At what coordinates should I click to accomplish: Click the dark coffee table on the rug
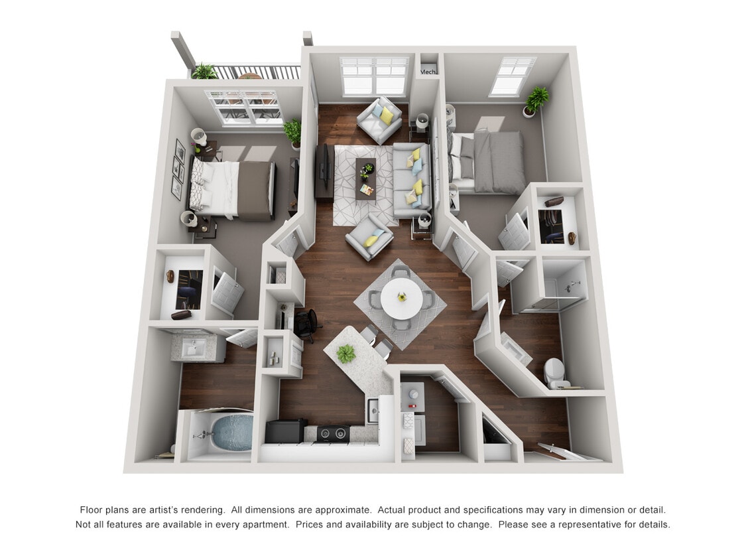click(365, 178)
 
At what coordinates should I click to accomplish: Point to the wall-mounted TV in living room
click(322, 171)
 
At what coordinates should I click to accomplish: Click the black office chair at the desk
click(307, 323)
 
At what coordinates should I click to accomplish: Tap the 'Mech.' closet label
click(428, 72)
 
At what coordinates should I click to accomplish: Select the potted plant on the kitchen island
click(345, 354)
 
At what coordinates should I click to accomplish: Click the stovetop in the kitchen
click(334, 433)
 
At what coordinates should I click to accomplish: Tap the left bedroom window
click(243, 106)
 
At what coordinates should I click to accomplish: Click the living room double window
click(374, 76)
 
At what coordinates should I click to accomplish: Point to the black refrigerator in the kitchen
click(284, 431)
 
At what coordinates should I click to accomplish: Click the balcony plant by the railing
click(204, 72)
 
